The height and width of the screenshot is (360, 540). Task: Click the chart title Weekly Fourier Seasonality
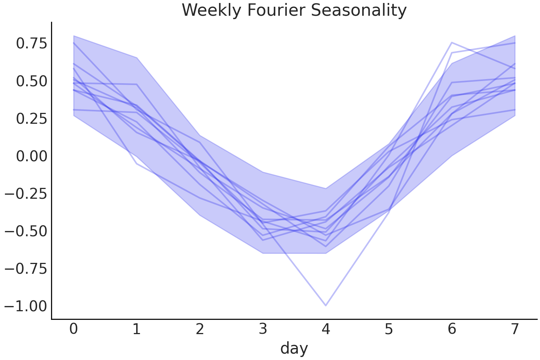(x=294, y=10)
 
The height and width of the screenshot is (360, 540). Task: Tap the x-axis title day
(x=294, y=348)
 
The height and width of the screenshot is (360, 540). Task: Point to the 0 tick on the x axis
(x=74, y=329)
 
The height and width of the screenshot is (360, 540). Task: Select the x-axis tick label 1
(x=137, y=329)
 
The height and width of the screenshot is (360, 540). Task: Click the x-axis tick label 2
(x=200, y=329)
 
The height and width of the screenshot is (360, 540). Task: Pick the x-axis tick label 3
(x=263, y=329)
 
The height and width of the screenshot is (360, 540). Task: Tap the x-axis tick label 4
(x=326, y=329)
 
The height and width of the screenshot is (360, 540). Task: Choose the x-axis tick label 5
(x=389, y=329)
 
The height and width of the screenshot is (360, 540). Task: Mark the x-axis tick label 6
(x=452, y=329)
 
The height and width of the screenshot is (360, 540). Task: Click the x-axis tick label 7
(x=515, y=329)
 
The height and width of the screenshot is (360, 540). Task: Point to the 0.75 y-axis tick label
(x=32, y=43)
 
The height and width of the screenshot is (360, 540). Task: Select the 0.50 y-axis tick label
(x=32, y=81)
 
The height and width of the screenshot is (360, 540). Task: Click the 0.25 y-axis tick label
(x=32, y=118)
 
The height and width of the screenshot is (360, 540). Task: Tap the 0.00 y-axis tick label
(x=32, y=156)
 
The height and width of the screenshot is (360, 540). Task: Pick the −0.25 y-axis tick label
(x=26, y=193)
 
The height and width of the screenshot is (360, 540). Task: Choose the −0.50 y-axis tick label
(x=26, y=231)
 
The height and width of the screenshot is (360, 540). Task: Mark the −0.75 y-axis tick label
(x=26, y=268)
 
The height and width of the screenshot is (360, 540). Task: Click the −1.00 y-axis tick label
(x=26, y=306)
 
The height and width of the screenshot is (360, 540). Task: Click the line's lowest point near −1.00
(x=326, y=305)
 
